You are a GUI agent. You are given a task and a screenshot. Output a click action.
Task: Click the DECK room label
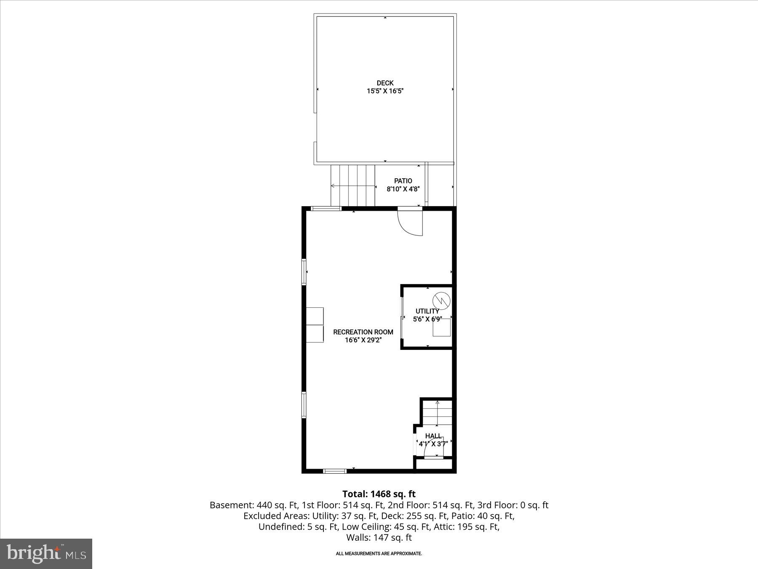pos(385,83)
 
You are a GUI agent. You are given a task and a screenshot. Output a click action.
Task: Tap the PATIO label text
pos(403,181)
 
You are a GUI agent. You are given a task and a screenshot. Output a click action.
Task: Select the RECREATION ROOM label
pos(363,332)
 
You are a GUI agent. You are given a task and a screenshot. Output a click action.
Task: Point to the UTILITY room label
pos(427,311)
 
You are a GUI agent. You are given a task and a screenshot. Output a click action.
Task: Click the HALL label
pos(433,436)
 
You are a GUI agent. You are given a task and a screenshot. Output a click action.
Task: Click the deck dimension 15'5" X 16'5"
pos(385,91)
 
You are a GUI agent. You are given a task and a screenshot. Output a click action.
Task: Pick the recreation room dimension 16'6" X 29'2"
pos(363,340)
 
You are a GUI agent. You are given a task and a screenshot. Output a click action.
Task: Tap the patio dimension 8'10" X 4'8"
pos(403,189)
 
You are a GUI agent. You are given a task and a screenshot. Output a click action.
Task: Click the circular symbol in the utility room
pos(441,300)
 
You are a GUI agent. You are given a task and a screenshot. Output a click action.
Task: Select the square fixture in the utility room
pos(442,327)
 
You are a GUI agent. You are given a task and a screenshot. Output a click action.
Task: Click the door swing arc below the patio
pos(410,223)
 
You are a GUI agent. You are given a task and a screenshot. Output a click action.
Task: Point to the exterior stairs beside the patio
pos(352,185)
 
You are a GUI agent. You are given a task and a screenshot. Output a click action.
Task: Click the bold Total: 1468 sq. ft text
pos(379,494)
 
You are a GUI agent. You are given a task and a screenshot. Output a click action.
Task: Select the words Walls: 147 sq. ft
pos(379,537)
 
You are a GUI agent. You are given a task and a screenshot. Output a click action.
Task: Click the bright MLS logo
pos(46,553)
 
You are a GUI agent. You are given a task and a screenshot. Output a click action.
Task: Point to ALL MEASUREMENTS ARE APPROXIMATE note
pos(379,553)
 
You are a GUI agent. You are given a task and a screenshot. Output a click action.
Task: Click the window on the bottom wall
pos(335,471)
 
